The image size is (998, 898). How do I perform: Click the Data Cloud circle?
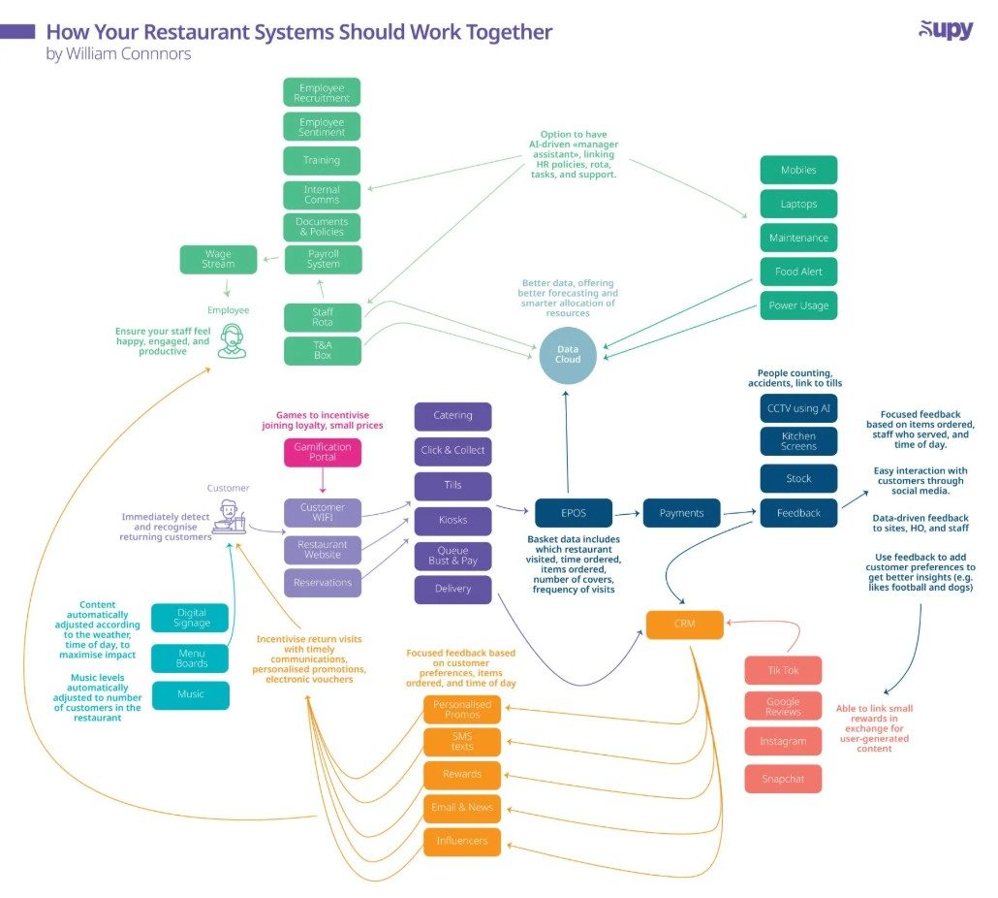pos(568,355)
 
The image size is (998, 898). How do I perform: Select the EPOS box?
pos(574,513)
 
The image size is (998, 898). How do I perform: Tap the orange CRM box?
pos(685,625)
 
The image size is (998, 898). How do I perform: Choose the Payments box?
pos(682,513)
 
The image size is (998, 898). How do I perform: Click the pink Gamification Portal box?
pos(323,452)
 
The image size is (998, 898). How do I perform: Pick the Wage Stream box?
pos(218,259)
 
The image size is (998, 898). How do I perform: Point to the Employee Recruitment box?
pos(322,92)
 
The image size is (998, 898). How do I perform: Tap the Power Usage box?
pos(798,305)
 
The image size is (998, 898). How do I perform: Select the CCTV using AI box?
pos(798,408)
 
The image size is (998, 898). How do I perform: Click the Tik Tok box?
pos(784,671)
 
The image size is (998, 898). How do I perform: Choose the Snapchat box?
pos(784,779)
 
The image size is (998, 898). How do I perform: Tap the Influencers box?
pos(462,842)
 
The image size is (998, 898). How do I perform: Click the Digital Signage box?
pos(190,618)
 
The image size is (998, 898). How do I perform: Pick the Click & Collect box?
pos(453,450)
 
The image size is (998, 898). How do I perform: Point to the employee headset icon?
pos(232,340)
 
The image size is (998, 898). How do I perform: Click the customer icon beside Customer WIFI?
pos(229,517)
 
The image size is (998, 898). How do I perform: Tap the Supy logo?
pos(947,29)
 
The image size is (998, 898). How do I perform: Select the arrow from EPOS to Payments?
pos(626,513)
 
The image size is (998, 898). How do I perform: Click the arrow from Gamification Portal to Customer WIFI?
pos(323,480)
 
